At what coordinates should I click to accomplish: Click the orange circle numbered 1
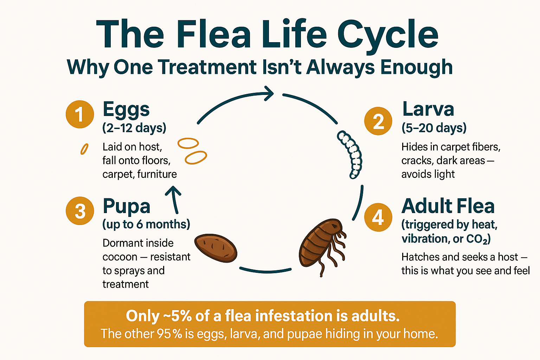click(x=80, y=114)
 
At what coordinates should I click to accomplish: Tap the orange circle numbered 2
click(x=378, y=121)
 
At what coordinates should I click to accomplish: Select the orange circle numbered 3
click(x=80, y=211)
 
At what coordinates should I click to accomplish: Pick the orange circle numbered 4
click(x=378, y=217)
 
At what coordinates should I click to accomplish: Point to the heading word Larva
click(x=428, y=109)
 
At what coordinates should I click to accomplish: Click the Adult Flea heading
click(x=448, y=206)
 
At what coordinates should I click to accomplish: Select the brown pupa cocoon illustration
click(x=216, y=248)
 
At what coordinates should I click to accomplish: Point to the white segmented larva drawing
click(x=350, y=154)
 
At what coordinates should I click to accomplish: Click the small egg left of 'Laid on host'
click(x=84, y=149)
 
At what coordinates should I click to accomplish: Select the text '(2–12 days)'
click(x=134, y=128)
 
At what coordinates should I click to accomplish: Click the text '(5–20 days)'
click(x=434, y=128)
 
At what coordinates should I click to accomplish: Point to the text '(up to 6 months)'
click(x=146, y=225)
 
